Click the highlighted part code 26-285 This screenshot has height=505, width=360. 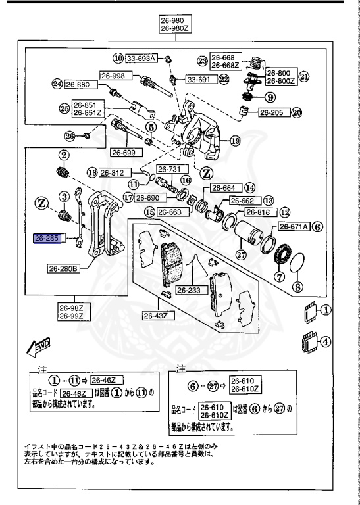(47, 237)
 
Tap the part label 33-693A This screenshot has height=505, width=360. (141, 59)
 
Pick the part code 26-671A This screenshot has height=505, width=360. (293, 227)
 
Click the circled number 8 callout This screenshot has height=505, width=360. (297, 287)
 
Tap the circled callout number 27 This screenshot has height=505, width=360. (240, 256)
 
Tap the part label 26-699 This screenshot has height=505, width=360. (122, 153)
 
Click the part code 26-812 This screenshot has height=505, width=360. (112, 173)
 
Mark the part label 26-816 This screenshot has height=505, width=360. (259, 212)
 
